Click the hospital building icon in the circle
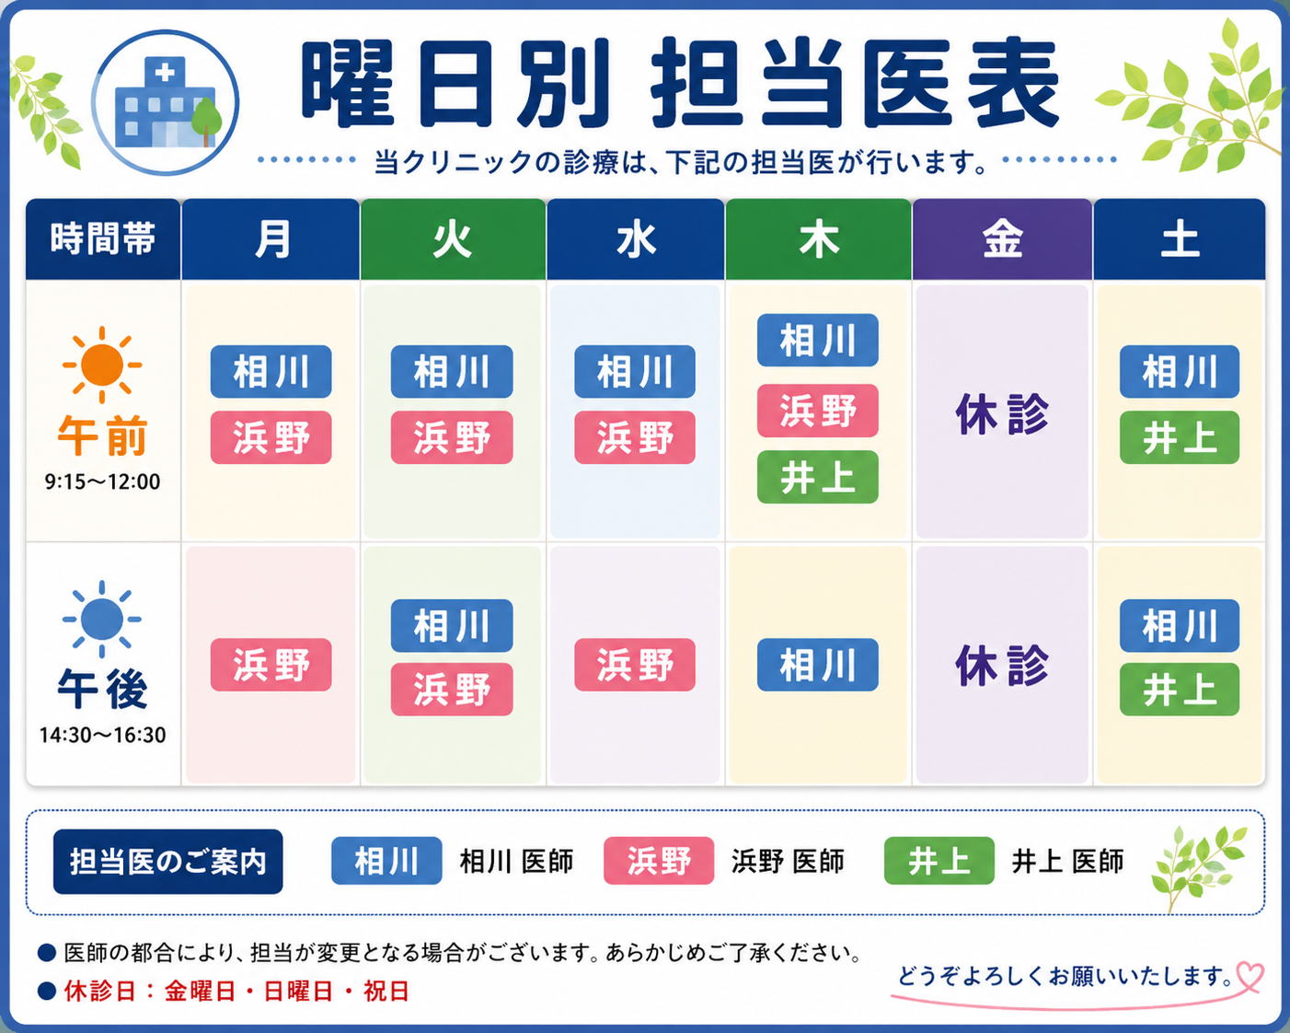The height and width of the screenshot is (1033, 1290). coord(166,102)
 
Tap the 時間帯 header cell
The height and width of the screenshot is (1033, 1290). coord(103,239)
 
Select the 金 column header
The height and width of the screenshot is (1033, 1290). coord(1002,239)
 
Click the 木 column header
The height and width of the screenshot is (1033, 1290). coord(818,239)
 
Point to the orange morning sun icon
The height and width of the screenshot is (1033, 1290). coord(102,365)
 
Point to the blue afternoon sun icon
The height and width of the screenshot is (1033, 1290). coord(102,619)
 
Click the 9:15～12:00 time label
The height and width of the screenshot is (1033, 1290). coord(102,482)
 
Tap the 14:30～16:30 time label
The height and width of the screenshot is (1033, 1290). coord(102,735)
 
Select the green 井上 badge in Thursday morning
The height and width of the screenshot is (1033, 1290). coord(818,477)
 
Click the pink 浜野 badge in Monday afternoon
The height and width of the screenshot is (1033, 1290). coord(271,665)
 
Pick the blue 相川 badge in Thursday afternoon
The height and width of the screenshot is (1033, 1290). coord(818,665)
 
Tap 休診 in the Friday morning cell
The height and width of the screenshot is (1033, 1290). coord(1002,414)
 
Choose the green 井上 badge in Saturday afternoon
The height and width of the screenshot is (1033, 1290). coord(1180,690)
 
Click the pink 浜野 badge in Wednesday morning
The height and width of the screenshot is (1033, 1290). coord(635,437)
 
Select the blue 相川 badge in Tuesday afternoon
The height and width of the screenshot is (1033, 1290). coord(452,626)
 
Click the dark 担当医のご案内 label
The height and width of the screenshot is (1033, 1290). coord(167,862)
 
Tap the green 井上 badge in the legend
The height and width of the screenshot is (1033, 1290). coord(939,861)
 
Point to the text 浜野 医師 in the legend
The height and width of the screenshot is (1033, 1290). coord(788,861)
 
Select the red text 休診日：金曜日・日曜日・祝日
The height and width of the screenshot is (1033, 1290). coord(236,991)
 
